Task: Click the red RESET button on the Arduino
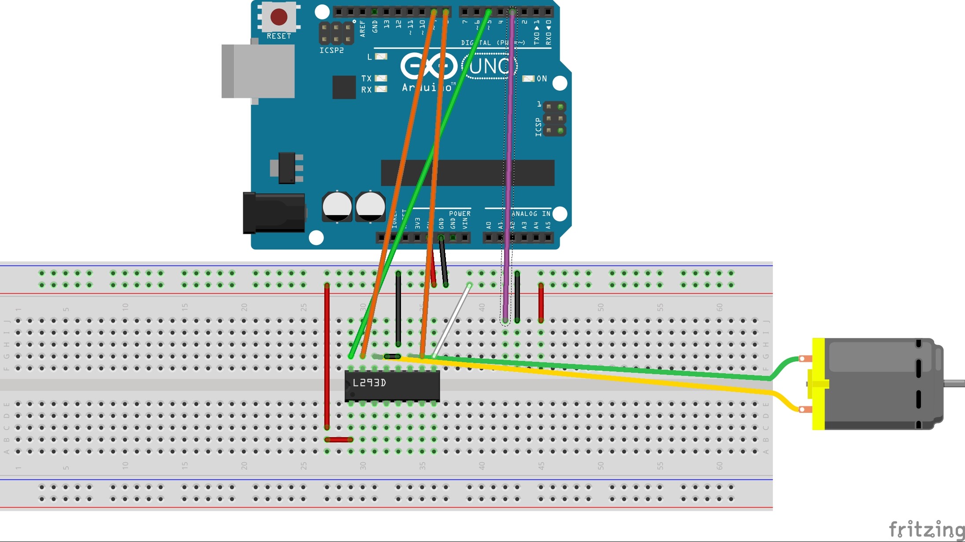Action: [278, 17]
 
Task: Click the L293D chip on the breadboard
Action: [392, 386]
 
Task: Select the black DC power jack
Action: [274, 213]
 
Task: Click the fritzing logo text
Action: [926, 529]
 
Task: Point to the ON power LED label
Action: [542, 78]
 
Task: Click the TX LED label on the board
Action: [366, 78]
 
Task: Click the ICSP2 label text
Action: [331, 51]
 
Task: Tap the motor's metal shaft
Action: [954, 383]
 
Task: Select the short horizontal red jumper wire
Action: [339, 439]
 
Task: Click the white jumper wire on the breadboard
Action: [452, 321]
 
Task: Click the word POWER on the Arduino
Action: [460, 213]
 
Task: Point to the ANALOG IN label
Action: [531, 213]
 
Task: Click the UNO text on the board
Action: [489, 66]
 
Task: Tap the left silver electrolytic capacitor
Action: [337, 206]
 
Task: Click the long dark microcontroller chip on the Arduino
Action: [467, 173]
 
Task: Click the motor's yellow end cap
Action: [818, 383]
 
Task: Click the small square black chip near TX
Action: [344, 87]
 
